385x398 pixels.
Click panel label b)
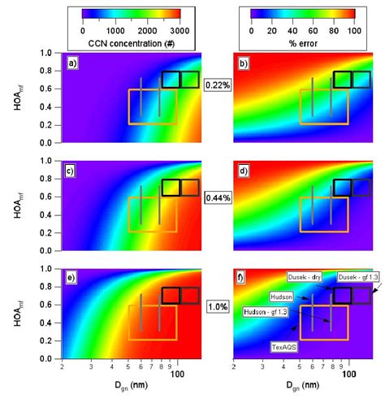pyautogui.click(x=241, y=61)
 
